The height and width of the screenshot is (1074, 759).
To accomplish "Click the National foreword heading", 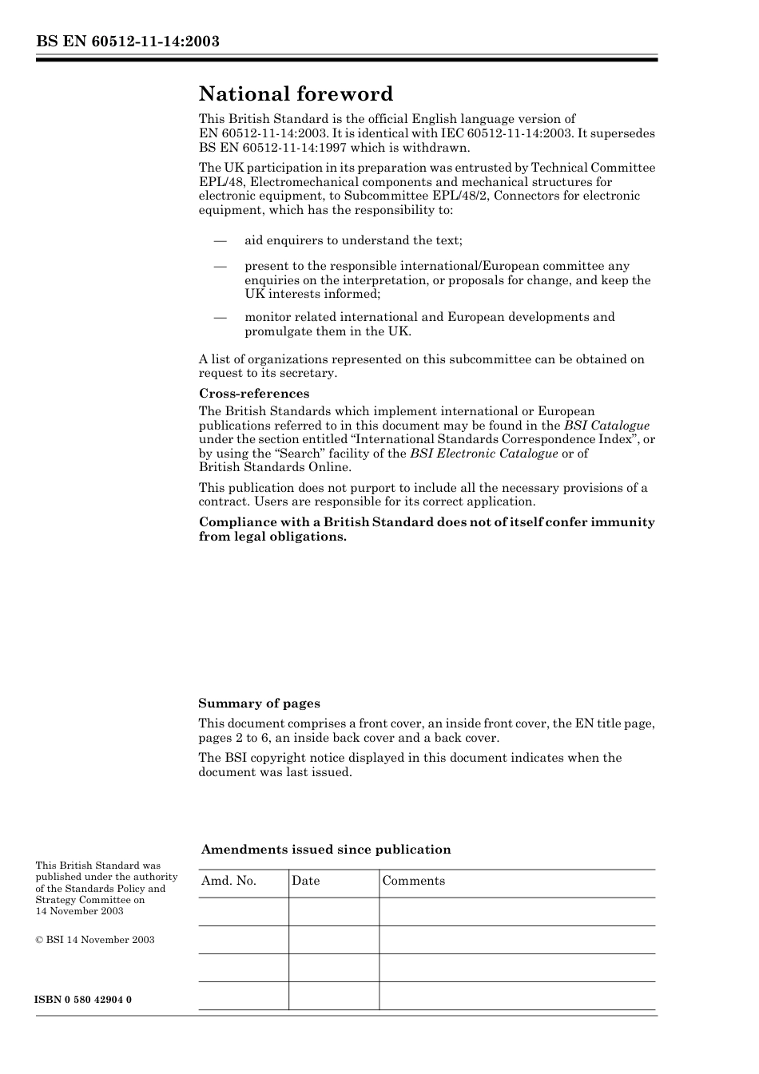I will (x=296, y=94).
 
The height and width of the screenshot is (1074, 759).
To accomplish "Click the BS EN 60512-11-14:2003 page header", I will (x=127, y=42).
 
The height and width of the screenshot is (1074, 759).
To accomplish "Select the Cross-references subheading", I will (x=253, y=394).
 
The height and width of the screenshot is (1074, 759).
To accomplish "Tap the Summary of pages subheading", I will (x=259, y=703).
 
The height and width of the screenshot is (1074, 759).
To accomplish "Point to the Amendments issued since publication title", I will (x=326, y=850).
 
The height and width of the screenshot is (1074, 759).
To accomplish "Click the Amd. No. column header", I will (x=228, y=881).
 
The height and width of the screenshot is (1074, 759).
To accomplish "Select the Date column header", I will (x=305, y=881).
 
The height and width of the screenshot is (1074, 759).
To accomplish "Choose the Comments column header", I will (x=413, y=881).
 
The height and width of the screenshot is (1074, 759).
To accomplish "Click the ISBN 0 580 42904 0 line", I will (x=84, y=1000).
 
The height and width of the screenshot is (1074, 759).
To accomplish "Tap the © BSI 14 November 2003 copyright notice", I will (x=95, y=940).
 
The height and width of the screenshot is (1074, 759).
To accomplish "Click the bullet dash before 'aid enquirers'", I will (x=220, y=240).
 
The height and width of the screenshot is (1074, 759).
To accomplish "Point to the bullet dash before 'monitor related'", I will (x=220, y=317).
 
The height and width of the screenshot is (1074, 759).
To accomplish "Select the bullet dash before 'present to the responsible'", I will (x=220, y=266).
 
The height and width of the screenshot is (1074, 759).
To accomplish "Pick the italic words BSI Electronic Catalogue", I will (x=483, y=454).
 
